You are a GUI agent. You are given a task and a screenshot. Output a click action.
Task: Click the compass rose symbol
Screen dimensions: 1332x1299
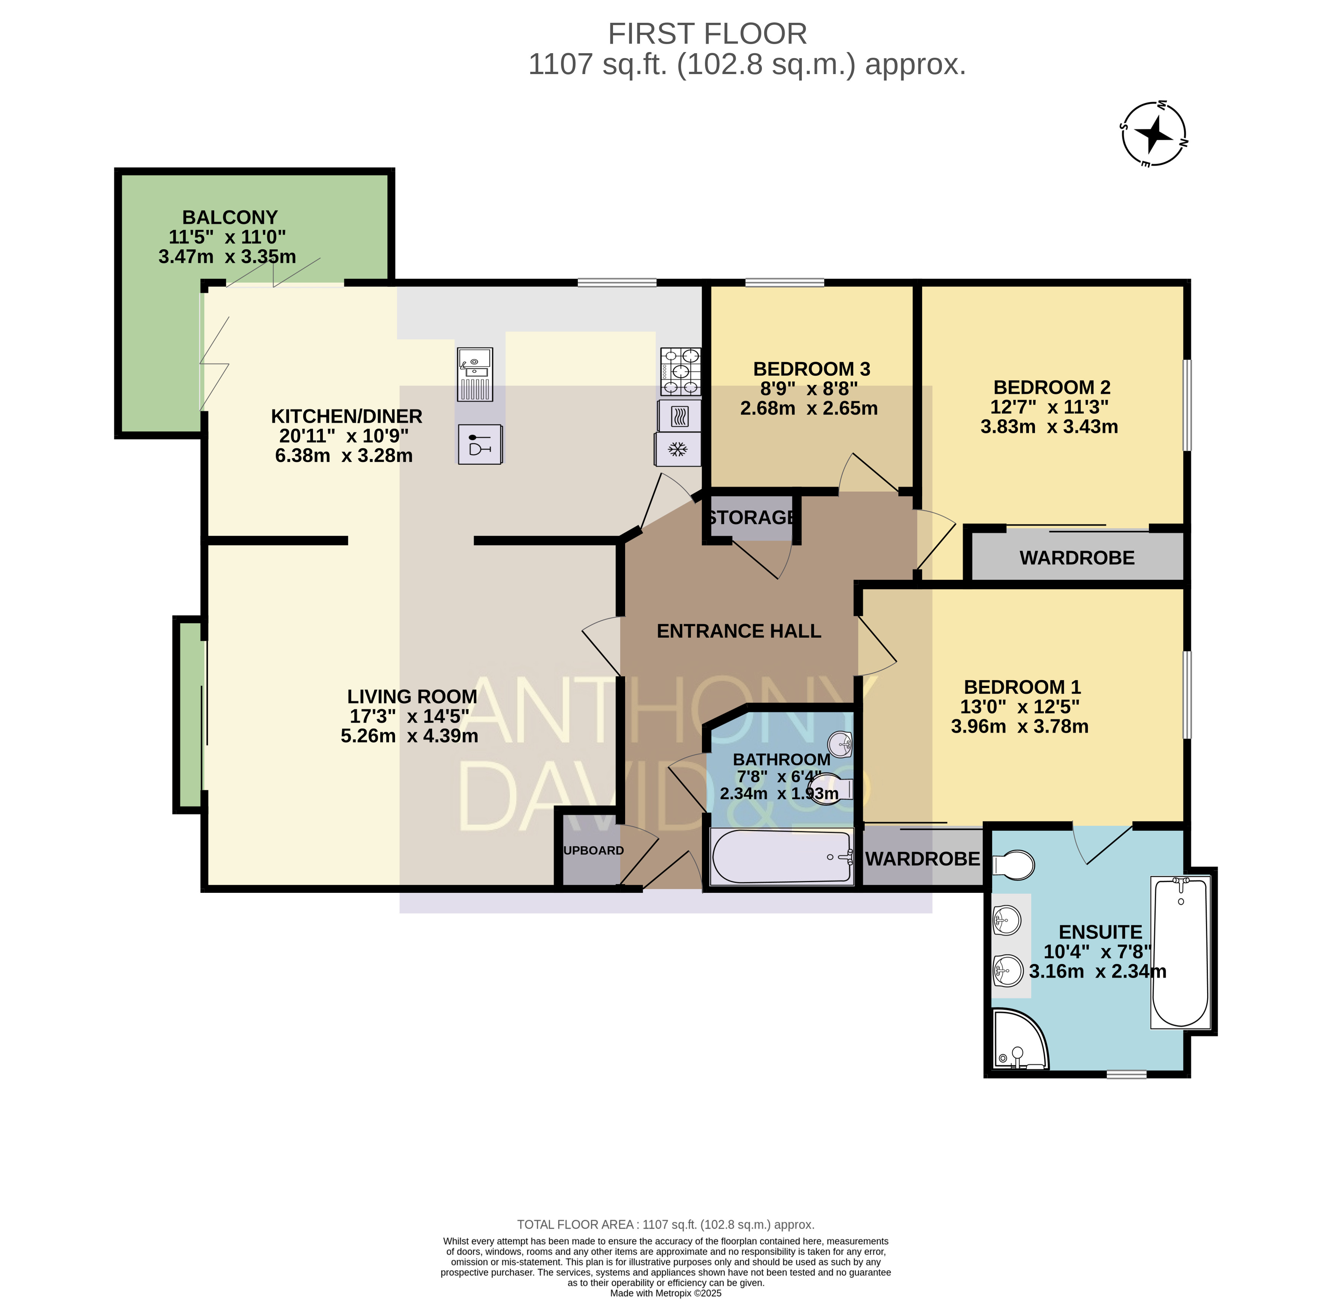click(x=1154, y=134)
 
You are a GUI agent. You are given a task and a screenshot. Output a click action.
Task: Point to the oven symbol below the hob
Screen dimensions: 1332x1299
click(x=679, y=416)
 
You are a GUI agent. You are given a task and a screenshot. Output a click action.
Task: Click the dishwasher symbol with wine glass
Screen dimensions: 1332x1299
click(x=480, y=444)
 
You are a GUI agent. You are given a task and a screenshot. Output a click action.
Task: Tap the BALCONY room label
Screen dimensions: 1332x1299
click(x=230, y=217)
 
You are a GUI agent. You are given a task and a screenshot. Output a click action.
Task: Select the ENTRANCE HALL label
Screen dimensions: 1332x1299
click(x=739, y=631)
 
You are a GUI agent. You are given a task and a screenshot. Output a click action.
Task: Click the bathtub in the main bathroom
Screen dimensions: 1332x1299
click(x=782, y=856)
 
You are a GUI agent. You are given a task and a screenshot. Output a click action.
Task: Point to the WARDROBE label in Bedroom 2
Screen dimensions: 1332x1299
click(x=1077, y=558)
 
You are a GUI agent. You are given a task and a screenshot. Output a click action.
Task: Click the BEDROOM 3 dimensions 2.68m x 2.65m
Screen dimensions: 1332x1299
click(x=809, y=408)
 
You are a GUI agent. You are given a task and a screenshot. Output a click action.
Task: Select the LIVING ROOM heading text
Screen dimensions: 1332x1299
click(x=412, y=696)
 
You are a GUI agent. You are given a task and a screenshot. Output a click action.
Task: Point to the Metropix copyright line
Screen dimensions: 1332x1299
click(x=666, y=1293)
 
